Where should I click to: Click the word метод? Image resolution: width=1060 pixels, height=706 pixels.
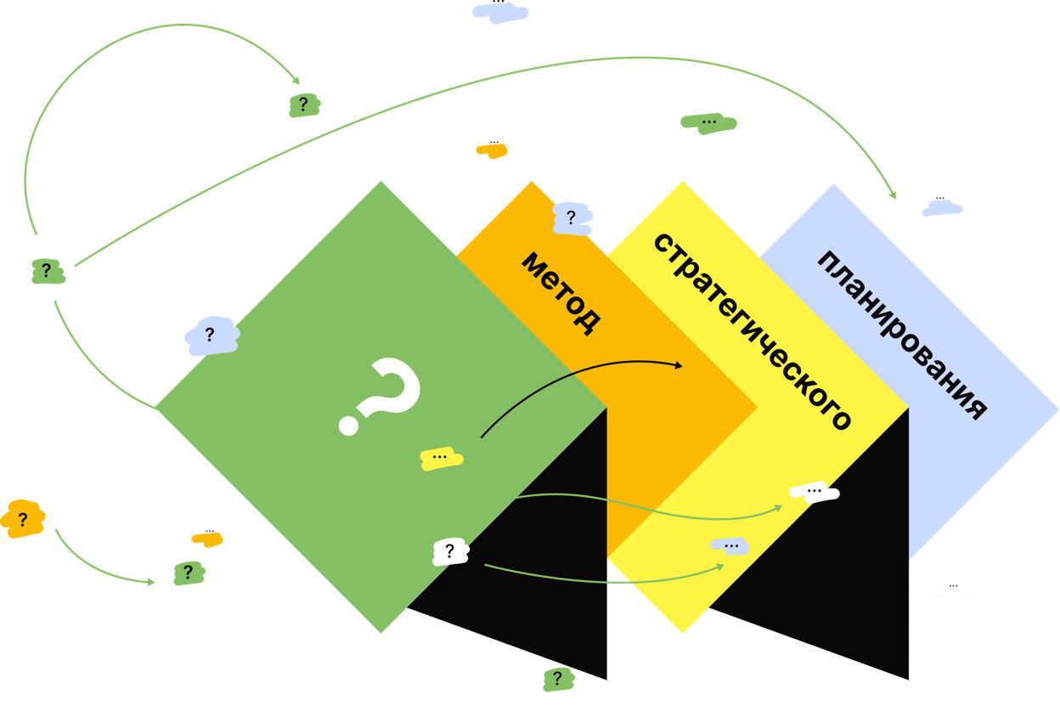[x=561, y=293]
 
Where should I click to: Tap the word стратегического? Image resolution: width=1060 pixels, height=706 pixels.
[x=753, y=331]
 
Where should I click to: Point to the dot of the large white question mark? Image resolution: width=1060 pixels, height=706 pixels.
[x=348, y=425]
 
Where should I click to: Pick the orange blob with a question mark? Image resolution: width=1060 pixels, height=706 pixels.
[x=23, y=519]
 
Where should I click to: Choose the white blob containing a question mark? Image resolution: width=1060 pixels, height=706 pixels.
[x=450, y=551]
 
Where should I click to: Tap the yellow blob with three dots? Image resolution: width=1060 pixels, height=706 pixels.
[x=441, y=458]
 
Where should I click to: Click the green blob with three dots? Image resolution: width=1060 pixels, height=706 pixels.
[x=708, y=123]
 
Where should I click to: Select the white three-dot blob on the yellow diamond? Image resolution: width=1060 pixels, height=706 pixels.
[x=815, y=492]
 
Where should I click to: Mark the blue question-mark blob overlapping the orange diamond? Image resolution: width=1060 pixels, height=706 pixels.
[x=572, y=218]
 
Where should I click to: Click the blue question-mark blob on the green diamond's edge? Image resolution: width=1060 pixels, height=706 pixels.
[x=211, y=336]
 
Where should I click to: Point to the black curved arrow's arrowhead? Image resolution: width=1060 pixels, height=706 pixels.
[x=679, y=364]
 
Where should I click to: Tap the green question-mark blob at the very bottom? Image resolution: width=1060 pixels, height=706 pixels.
[x=558, y=679]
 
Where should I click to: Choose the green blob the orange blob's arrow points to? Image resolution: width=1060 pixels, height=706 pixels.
[x=189, y=573]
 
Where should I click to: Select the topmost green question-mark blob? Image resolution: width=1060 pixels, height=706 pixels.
[x=304, y=105]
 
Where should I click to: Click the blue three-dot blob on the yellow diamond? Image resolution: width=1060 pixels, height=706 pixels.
[x=730, y=546]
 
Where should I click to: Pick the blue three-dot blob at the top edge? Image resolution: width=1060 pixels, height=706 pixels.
[x=500, y=12]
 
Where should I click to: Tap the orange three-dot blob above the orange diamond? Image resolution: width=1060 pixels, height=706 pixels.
[x=492, y=150]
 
